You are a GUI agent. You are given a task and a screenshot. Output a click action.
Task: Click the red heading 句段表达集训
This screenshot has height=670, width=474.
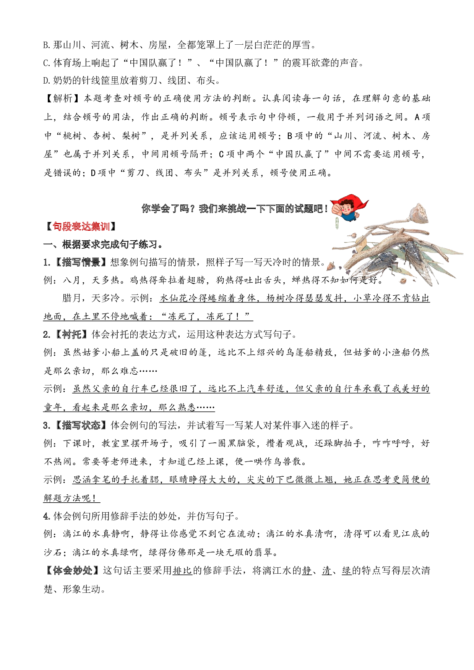[81, 227]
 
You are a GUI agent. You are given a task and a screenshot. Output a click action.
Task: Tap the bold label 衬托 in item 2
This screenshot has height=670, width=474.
[72, 335]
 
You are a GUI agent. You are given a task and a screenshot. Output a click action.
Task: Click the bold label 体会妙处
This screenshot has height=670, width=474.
[73, 571]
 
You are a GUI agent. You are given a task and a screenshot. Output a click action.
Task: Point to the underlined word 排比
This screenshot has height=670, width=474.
[182, 571]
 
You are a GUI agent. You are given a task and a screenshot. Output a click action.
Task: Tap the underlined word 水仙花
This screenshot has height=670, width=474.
[174, 298]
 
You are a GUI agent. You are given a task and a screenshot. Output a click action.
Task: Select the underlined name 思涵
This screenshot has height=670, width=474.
[82, 480]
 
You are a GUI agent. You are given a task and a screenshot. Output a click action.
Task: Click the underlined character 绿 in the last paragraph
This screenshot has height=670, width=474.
[347, 571]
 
